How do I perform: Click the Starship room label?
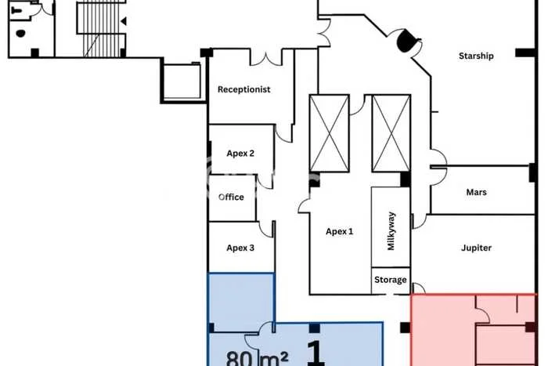[476, 56]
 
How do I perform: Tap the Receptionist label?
[243, 89]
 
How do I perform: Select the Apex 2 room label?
[240, 154]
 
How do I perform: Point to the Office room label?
[231, 197]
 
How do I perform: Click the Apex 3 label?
[240, 248]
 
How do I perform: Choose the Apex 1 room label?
[340, 231]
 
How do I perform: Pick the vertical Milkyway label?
[391, 231]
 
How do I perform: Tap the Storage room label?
[391, 280]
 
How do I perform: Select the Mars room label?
[477, 192]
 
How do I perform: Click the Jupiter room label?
[476, 248]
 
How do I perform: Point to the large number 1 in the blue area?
[315, 353]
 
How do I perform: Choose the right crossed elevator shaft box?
[391, 133]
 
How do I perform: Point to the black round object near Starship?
[406, 41]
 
